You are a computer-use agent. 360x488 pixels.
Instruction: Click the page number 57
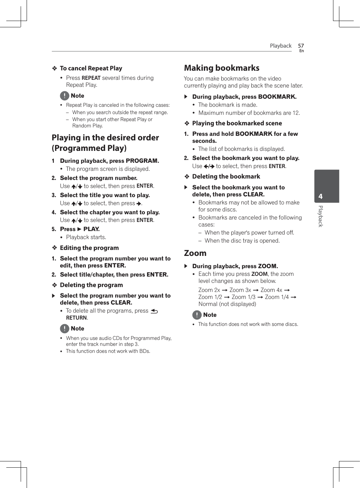301,46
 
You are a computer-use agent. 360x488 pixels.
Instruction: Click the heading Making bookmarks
222,68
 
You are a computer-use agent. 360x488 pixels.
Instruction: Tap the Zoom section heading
195,253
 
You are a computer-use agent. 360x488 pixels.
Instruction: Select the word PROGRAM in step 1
142,161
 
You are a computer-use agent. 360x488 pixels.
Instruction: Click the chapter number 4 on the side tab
320,197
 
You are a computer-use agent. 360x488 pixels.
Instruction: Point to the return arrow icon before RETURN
154,311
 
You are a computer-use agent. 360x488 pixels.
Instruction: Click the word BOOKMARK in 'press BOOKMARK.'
277,97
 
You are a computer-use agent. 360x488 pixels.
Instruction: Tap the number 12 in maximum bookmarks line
296,113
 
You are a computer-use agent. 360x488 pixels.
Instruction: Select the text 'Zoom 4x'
271,290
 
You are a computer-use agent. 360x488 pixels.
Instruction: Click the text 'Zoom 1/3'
243,297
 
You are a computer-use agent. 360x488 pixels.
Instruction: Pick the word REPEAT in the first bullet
91,78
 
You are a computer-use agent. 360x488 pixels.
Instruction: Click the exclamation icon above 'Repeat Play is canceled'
64,96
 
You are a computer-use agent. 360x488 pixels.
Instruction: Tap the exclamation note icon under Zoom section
197,315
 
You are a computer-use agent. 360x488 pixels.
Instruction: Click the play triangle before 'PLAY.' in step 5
79,229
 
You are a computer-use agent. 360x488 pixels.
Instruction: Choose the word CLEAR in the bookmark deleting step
253,194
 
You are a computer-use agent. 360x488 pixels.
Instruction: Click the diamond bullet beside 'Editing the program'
55,248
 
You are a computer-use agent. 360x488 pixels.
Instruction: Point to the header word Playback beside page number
281,46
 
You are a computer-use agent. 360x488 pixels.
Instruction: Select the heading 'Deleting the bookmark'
226,176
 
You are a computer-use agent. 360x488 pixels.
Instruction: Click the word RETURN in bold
76,318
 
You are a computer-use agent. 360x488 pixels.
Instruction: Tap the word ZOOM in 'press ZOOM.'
268,266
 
